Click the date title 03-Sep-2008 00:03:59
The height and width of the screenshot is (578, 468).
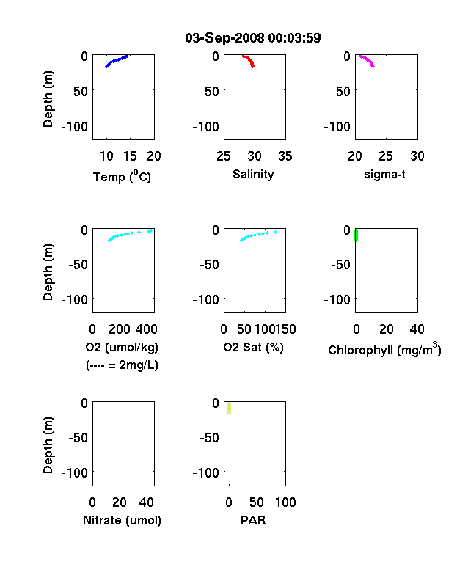coord(253,37)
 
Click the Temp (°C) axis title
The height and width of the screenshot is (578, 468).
coord(122,176)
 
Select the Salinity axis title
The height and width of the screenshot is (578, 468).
coord(253,174)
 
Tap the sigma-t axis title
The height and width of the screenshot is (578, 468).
coord(384,174)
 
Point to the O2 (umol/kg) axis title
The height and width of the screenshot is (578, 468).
coord(122,347)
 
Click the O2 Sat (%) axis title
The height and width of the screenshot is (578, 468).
coord(254,347)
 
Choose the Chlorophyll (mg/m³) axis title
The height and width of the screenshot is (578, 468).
coord(384,348)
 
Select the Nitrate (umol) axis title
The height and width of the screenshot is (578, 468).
coord(122,520)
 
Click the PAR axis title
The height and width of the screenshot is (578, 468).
coord(253,520)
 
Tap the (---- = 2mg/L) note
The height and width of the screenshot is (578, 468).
coord(122,365)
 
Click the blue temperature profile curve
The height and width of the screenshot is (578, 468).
coord(117,61)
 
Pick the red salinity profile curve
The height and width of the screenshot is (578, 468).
coord(249,61)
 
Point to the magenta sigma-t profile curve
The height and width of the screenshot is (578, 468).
coord(368,61)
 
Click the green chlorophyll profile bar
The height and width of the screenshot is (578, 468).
coord(357,235)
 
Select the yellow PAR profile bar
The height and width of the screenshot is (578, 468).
coord(229,409)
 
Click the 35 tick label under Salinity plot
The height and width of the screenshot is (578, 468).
coord(285,156)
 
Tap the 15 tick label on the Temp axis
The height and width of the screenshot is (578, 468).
coord(130,156)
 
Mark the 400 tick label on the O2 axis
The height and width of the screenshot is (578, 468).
coord(146,329)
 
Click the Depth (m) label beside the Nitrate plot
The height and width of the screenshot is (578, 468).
coord(48,445)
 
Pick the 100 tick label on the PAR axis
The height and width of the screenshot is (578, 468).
coord(285,502)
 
